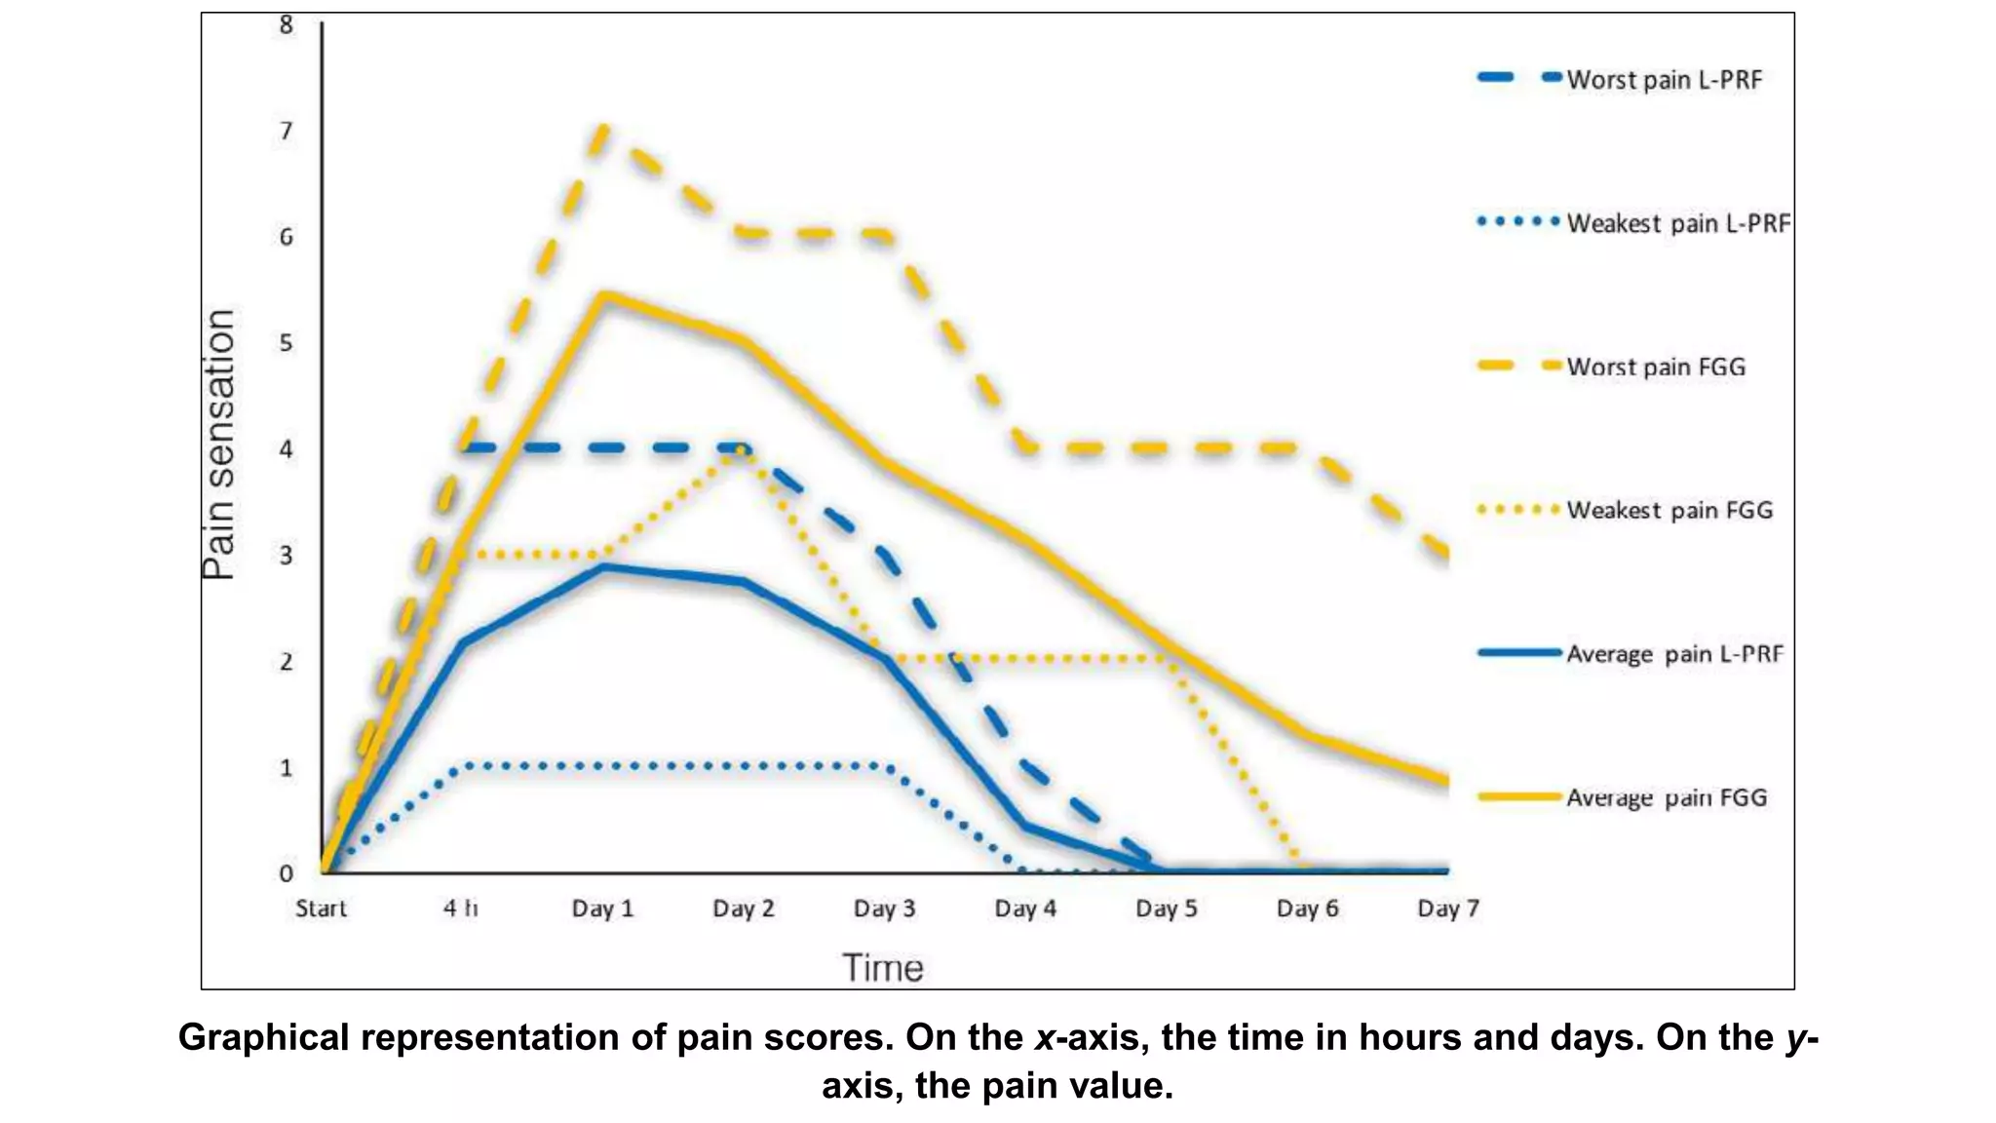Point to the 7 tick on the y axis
tap(286, 131)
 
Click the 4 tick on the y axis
tap(286, 449)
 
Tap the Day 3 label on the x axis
tap(884, 909)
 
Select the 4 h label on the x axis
tap(461, 909)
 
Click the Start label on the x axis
tap(321, 909)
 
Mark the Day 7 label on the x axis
tap(1447, 909)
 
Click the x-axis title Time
tap(882, 968)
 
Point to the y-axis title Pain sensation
tap(219, 445)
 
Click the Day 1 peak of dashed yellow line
tap(603, 128)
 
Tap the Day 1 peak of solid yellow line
tap(603, 294)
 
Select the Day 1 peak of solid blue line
tap(603, 566)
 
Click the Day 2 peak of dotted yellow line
tap(743, 449)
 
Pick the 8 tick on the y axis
tap(286, 24)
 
